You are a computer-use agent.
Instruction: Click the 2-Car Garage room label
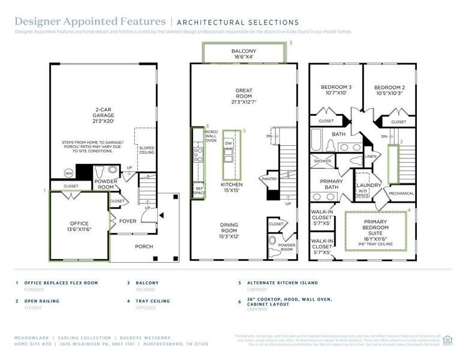(103, 115)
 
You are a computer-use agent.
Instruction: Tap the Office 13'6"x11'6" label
(79, 227)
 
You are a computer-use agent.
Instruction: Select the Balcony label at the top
(243, 54)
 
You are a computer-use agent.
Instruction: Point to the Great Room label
(243, 96)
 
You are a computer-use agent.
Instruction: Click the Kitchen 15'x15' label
(231, 187)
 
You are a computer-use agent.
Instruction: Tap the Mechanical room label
(401, 194)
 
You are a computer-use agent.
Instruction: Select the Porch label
(143, 247)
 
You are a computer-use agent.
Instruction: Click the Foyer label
(127, 221)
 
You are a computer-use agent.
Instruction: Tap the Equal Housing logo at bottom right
(447, 340)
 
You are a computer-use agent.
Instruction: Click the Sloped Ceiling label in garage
(146, 150)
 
